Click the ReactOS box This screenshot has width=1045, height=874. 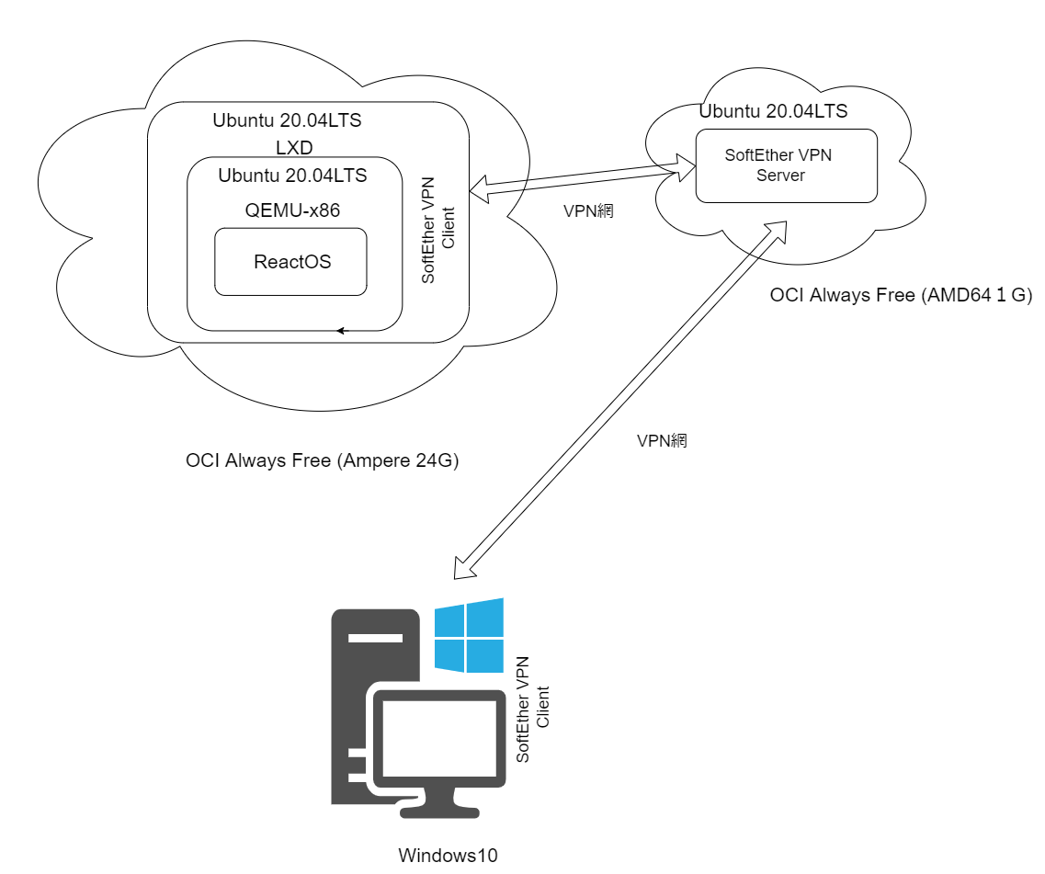(291, 262)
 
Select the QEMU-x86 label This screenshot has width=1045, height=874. (292, 210)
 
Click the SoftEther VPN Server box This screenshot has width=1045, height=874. (786, 165)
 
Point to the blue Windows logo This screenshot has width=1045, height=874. (469, 635)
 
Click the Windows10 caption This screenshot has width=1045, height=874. (448, 856)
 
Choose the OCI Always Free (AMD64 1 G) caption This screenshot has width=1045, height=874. (901, 296)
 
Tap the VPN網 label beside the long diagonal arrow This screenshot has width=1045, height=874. (662, 441)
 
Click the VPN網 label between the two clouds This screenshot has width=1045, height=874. (588, 210)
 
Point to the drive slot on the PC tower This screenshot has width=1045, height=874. (373, 637)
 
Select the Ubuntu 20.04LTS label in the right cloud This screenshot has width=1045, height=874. (773, 112)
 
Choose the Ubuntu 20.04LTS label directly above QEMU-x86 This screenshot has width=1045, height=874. (292, 176)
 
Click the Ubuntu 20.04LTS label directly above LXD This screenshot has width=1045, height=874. (287, 120)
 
